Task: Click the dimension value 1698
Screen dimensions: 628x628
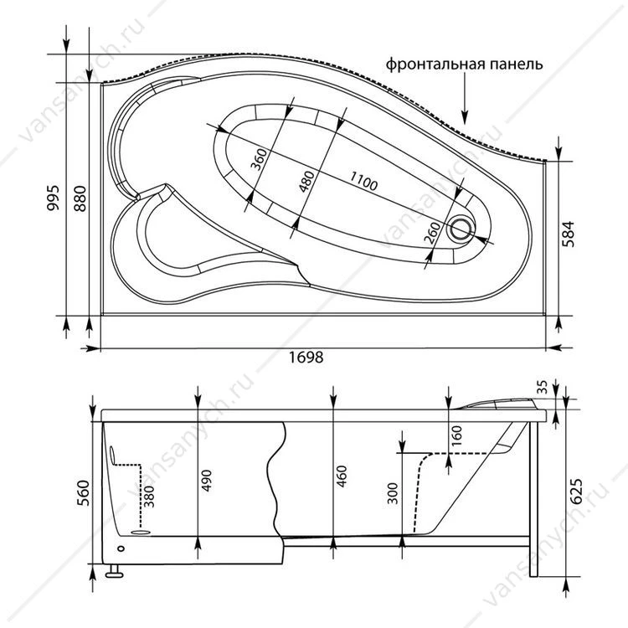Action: pyautogui.click(x=306, y=357)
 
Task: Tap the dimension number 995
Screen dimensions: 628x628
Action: pyautogui.click(x=53, y=198)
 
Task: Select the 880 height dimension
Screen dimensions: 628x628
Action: pyautogui.click(x=80, y=198)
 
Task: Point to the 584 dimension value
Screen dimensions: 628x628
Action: pyautogui.click(x=568, y=234)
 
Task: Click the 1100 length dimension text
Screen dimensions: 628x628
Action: pyautogui.click(x=363, y=181)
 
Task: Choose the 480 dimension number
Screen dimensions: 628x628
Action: pyautogui.click(x=306, y=182)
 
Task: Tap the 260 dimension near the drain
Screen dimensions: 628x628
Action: pyautogui.click(x=432, y=233)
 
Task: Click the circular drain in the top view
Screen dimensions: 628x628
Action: pyautogui.click(x=461, y=229)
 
